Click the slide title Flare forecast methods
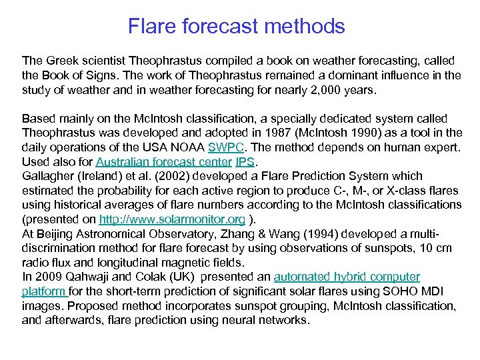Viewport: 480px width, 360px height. click(237, 27)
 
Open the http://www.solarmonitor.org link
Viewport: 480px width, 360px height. click(172, 219)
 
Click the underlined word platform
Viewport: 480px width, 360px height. click(43, 291)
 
